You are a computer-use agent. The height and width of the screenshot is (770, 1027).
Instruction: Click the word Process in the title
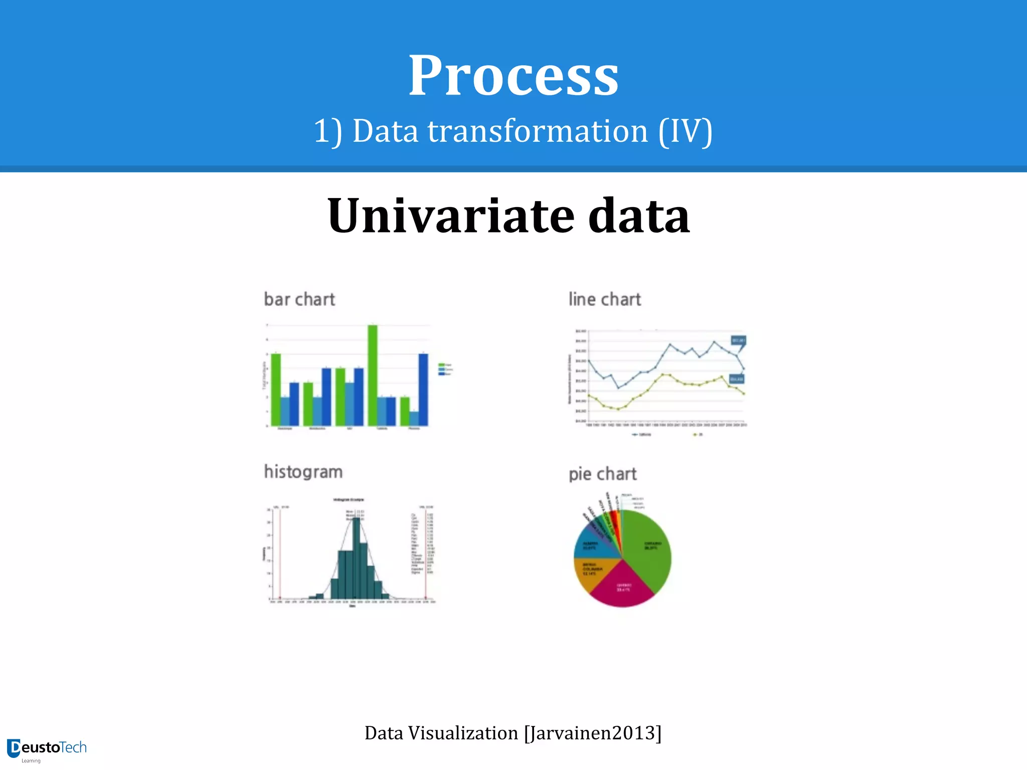click(x=513, y=76)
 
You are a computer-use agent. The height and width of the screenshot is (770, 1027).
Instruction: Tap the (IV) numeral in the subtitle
click(x=685, y=131)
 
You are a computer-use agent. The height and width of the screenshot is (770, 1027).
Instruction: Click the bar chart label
click(x=299, y=299)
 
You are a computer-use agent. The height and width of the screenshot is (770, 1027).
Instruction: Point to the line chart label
click(x=605, y=299)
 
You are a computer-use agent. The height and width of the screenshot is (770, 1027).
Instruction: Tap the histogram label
click(x=303, y=472)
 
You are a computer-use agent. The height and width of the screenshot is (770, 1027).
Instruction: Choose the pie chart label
click(x=602, y=474)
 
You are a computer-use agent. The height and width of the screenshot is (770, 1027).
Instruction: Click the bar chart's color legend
click(x=445, y=369)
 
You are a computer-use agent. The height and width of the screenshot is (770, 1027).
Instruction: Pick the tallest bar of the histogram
click(x=356, y=556)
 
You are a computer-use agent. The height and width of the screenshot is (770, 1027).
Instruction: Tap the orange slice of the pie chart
click(x=589, y=571)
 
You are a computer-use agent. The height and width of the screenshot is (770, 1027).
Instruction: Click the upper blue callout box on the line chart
click(x=738, y=340)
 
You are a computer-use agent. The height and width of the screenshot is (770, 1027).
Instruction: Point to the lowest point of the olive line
click(x=618, y=409)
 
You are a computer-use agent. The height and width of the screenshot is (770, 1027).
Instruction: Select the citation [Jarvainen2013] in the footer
click(x=593, y=733)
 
